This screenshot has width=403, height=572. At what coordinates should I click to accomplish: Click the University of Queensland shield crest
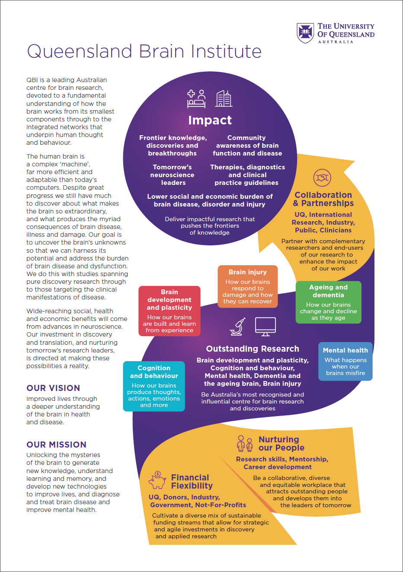(305, 33)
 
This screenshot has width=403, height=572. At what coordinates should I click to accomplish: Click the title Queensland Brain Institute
(144, 51)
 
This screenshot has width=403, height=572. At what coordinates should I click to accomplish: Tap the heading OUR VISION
(53, 388)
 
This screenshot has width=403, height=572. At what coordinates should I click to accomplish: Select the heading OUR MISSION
(56, 445)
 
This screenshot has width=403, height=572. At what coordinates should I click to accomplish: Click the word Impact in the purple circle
(210, 120)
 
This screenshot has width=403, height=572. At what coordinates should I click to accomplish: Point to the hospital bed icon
(196, 99)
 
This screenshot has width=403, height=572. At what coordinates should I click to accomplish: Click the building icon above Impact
(224, 99)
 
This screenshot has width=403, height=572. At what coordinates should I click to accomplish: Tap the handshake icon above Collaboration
(322, 178)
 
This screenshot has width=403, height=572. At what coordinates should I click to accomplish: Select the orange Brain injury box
(247, 286)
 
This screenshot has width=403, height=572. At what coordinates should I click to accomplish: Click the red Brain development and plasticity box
(170, 311)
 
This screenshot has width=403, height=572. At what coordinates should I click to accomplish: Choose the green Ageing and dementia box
(328, 302)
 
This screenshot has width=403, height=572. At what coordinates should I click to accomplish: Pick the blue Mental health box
(345, 361)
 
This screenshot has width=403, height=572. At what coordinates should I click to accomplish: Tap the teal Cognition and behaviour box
(154, 386)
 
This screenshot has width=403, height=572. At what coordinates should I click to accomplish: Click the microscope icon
(238, 327)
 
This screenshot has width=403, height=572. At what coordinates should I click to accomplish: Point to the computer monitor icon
(265, 327)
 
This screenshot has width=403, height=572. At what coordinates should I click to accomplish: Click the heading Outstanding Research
(253, 349)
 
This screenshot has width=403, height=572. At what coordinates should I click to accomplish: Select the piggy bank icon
(157, 480)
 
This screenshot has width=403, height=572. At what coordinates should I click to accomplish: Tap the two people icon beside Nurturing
(245, 443)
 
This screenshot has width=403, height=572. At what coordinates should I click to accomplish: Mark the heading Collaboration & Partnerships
(323, 199)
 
